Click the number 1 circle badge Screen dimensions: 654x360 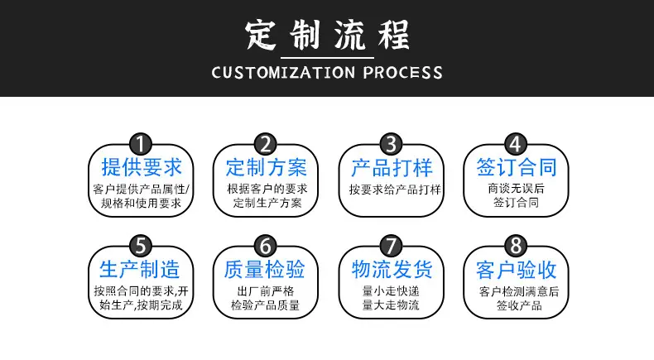point(141,144)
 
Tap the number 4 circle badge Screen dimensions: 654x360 point(516,144)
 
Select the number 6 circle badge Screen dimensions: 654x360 point(266,246)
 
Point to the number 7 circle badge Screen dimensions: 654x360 point(391,246)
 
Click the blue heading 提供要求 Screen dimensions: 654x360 point(142,168)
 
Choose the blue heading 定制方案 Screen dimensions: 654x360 point(267,168)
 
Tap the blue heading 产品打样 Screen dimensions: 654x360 point(392,168)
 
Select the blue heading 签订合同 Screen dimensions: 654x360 point(517,168)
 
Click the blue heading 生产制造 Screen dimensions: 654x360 point(140,270)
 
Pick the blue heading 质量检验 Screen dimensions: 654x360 point(264,270)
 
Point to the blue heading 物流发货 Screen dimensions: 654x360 point(392,270)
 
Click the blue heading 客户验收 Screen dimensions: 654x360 point(517,270)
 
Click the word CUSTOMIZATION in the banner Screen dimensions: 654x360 point(284,73)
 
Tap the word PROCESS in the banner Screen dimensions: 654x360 point(403,73)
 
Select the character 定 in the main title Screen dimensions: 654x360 point(261,36)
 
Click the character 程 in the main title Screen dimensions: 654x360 point(394,36)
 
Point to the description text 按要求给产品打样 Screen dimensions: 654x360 point(395,190)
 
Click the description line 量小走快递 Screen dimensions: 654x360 point(391,291)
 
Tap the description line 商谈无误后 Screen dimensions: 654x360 point(517,189)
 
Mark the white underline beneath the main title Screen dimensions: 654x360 point(328,58)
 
